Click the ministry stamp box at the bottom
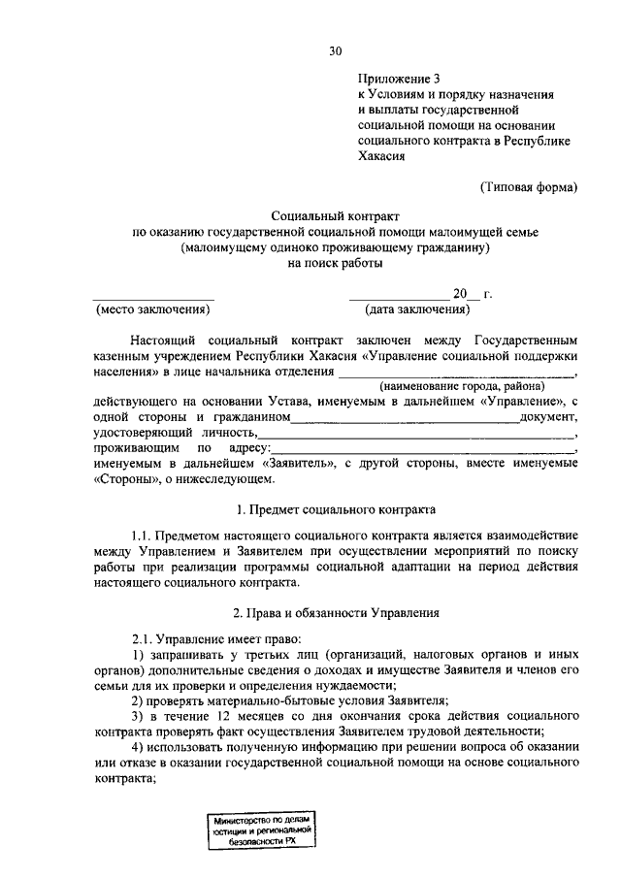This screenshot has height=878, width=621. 259,833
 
